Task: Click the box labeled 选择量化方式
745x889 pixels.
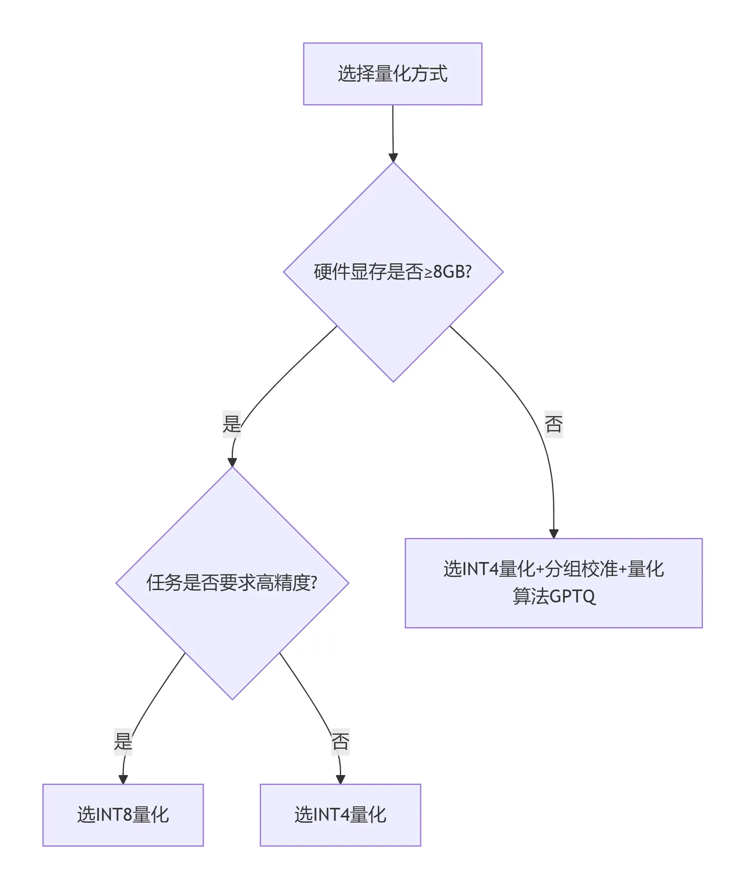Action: pos(392,74)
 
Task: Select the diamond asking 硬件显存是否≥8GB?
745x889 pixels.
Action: pos(393,298)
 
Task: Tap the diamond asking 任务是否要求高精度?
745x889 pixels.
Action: pos(232,613)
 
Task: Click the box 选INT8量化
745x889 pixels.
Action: pos(123,814)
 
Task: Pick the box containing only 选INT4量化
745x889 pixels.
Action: pos(340,814)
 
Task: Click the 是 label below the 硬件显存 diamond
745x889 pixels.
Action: pos(231,424)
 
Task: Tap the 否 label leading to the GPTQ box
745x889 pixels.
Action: pos(553,424)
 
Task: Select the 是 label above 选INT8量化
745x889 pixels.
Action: pos(123,741)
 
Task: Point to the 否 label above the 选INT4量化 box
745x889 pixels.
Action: pos(340,741)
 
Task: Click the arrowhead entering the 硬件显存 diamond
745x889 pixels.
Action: pos(393,158)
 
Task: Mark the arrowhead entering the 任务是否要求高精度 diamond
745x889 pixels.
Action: pos(232,462)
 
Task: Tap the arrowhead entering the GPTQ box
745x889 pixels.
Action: pos(553,534)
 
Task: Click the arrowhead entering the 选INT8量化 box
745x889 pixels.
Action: pos(123,779)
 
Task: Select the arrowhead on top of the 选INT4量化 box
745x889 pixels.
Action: pos(341,779)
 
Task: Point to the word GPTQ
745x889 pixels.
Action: pos(572,596)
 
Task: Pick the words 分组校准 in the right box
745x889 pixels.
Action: pos(582,569)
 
